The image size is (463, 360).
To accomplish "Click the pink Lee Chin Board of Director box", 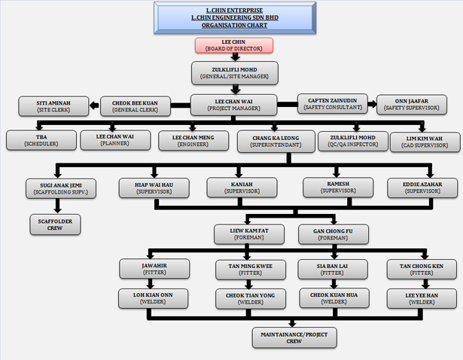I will pos(233,45).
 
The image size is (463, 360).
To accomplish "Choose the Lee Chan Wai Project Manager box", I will pos(234,105).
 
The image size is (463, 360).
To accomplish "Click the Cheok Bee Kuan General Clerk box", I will pos(135,105).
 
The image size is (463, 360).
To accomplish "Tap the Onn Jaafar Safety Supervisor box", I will pos(410,104).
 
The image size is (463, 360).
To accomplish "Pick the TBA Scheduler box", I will pos(41,140).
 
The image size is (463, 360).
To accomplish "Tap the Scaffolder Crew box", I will pos(55,224).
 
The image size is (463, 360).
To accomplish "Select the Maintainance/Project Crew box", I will pos(284,336).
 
